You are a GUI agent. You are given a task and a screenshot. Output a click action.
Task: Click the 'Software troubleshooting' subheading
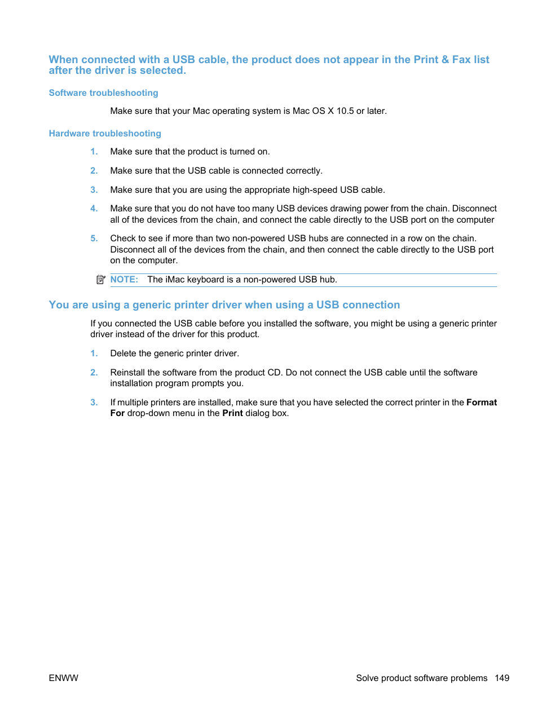(x=103, y=93)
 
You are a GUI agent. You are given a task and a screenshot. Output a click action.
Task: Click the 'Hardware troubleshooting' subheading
(x=105, y=134)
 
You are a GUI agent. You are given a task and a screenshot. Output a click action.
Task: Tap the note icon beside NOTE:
(x=101, y=280)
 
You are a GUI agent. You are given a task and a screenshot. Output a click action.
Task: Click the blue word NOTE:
(x=124, y=280)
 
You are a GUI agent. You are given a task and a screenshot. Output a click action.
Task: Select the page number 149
(x=502, y=678)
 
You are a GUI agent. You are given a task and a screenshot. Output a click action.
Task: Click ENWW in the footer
(x=63, y=678)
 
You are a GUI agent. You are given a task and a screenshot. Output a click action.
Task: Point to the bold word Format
(x=481, y=403)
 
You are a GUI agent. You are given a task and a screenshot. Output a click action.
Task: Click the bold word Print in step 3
(x=232, y=413)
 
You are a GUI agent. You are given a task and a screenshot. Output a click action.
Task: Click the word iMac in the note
(x=175, y=280)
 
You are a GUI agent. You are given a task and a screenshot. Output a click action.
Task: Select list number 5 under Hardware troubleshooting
(x=94, y=238)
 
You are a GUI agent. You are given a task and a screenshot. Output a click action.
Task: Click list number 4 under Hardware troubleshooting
(x=94, y=209)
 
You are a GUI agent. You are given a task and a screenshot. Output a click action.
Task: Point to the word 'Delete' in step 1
(x=124, y=353)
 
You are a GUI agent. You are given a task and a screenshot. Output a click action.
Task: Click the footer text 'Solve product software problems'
(x=421, y=678)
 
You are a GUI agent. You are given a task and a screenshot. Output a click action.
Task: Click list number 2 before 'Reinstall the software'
(x=94, y=373)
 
